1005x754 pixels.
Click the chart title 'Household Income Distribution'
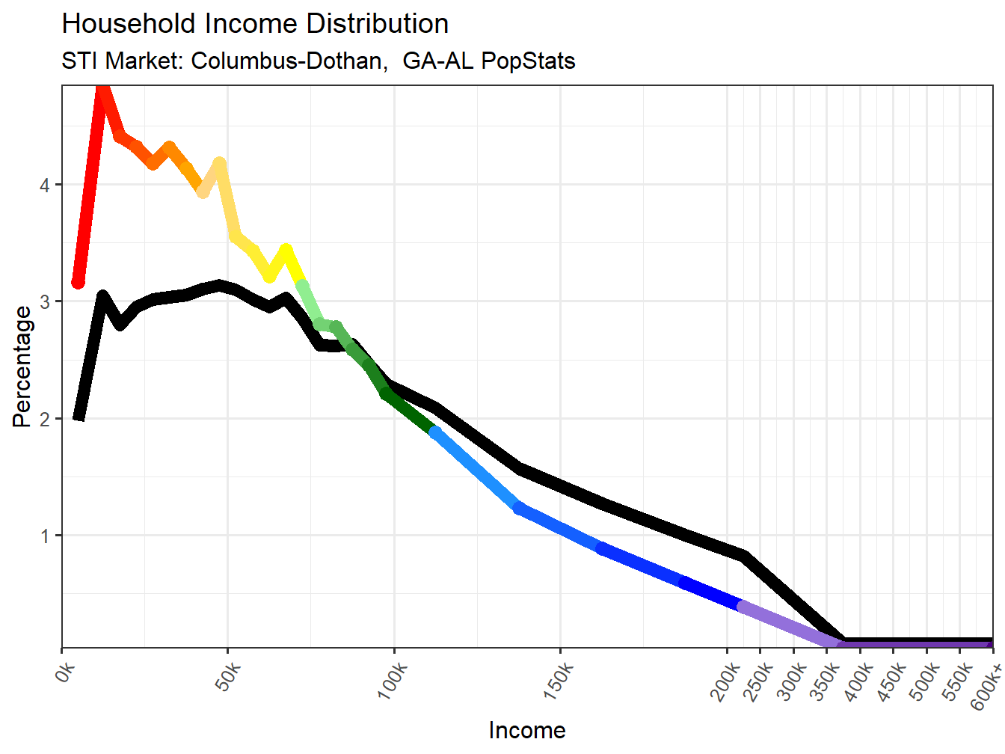tap(255, 24)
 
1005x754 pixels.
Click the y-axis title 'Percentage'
tap(22, 367)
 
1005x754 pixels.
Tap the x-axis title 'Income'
tap(527, 730)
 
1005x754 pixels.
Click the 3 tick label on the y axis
tap(46, 302)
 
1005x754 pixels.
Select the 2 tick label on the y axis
tap(46, 419)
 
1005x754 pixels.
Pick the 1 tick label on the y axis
tap(46, 536)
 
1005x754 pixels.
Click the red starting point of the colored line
tap(78, 282)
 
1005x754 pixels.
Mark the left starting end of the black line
tap(79, 416)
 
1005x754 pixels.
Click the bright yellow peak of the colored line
tap(286, 250)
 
